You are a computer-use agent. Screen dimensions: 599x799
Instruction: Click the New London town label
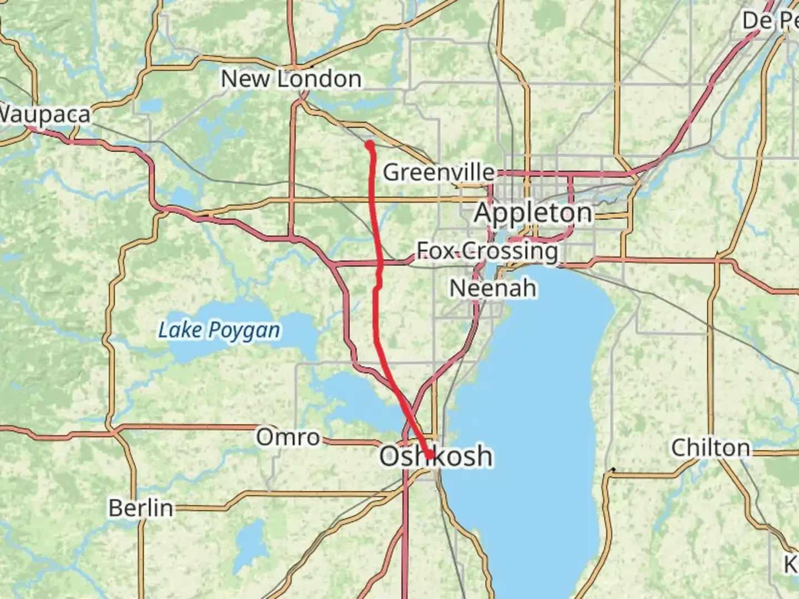tap(291, 79)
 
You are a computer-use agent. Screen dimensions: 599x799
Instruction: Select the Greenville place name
tap(438, 172)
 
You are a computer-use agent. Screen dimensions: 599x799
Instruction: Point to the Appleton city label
tap(533, 213)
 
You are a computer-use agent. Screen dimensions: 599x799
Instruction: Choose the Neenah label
tap(493, 288)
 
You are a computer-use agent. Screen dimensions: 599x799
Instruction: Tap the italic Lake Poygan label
tap(219, 331)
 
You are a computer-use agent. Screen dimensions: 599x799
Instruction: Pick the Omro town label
tap(287, 437)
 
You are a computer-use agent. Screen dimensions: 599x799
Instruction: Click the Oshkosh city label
tap(436, 456)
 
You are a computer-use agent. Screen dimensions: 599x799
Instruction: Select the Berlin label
tap(140, 508)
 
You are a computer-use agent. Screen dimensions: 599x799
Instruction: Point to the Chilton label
tap(710, 448)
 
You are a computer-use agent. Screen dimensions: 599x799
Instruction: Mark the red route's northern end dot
tap(369, 145)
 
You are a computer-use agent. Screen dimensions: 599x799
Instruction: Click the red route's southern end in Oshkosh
tap(430, 455)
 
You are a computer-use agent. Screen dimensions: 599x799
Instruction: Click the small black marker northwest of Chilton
tap(613, 470)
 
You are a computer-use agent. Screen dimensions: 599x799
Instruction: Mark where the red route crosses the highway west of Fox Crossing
tap(380, 262)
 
